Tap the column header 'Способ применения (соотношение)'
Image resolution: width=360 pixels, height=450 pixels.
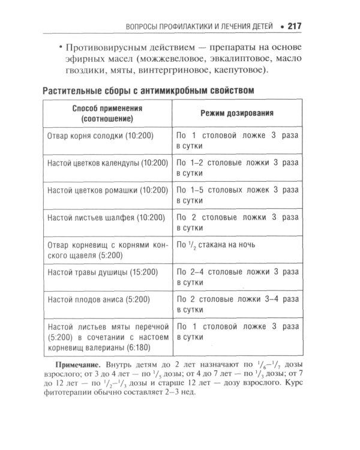pyautogui.click(x=106, y=113)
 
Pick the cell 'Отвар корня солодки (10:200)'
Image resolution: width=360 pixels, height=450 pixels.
pyautogui.click(x=100, y=136)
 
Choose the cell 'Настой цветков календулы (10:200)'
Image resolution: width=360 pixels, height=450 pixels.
pyautogui.click(x=107, y=163)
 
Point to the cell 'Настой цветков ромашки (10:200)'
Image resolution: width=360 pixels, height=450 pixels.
pyautogui.click(x=107, y=190)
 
